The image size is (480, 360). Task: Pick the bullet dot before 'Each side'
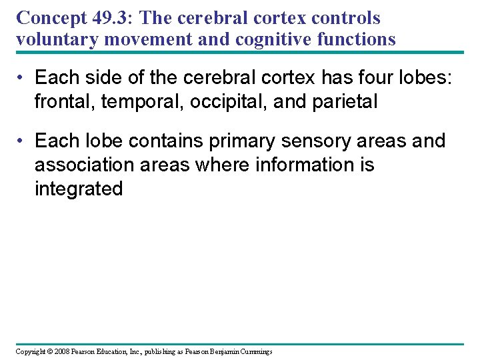coord(23,78)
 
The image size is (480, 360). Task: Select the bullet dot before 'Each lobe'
coord(23,141)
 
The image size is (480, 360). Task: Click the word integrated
coord(79,189)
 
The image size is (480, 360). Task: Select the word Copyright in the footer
coord(29,351)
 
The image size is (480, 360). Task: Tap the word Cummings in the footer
coord(255,351)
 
